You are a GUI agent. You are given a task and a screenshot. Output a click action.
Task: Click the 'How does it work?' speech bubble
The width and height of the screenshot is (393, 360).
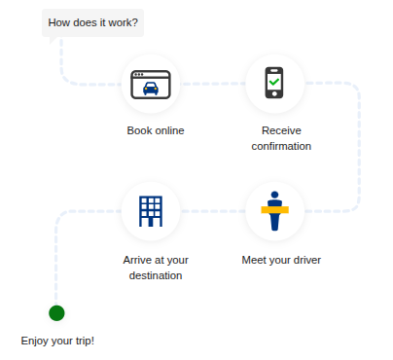(x=92, y=21)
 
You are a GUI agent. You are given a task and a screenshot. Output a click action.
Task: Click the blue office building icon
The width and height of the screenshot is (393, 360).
(x=151, y=211)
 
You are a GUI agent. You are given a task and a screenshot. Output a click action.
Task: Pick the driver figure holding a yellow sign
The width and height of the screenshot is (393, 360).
(x=274, y=210)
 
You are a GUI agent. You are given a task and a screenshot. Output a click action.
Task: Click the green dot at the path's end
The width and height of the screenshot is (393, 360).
(x=56, y=313)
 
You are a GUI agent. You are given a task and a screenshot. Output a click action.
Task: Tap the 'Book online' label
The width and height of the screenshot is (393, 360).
(x=156, y=130)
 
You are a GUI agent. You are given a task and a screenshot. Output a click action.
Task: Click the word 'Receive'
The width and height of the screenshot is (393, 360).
(x=281, y=130)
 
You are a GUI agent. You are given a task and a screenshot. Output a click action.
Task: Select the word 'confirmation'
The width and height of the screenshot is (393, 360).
(x=281, y=146)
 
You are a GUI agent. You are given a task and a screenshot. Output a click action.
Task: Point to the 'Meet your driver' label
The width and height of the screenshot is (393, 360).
(x=281, y=260)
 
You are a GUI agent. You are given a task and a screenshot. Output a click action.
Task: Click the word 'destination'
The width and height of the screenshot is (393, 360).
(x=156, y=275)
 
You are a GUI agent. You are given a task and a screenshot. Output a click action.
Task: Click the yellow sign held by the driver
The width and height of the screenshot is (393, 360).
(x=274, y=206)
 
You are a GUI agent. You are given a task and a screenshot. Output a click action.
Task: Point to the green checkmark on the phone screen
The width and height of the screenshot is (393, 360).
(x=274, y=83)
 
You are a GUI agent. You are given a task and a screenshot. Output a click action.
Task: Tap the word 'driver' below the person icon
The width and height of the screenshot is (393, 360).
(x=304, y=260)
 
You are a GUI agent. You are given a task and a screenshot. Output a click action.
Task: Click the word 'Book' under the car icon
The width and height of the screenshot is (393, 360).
(x=140, y=130)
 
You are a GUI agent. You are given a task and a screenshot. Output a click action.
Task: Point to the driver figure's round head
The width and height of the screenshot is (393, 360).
(x=274, y=194)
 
